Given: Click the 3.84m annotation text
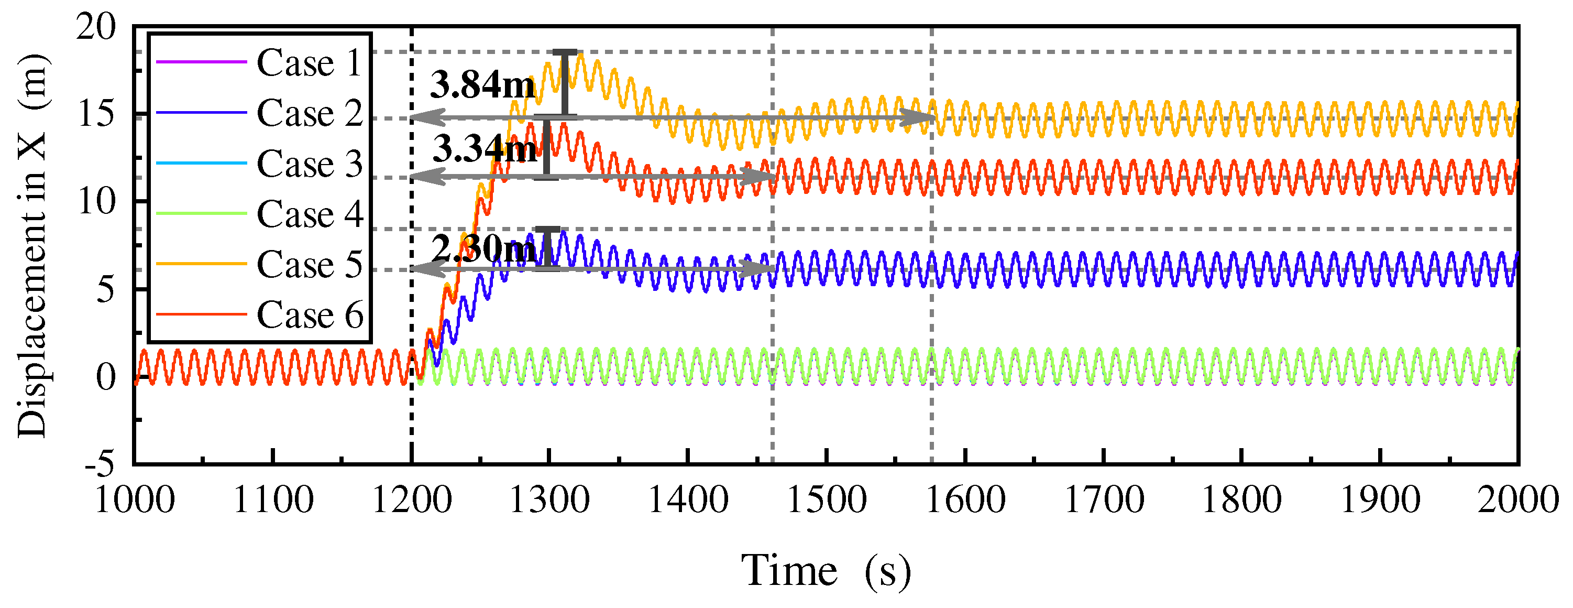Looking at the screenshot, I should [482, 84].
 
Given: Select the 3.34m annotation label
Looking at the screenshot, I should [484, 148].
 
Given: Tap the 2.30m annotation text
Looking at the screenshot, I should [483, 248].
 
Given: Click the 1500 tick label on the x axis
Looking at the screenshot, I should [826, 500].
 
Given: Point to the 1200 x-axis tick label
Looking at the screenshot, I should [412, 500].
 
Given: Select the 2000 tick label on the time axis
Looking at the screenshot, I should [1517, 500].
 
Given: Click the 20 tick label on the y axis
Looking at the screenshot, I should [96, 27].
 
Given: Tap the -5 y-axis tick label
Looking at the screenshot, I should [100, 464].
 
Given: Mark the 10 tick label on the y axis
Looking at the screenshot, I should [96, 202].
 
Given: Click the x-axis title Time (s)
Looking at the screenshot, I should [826, 571].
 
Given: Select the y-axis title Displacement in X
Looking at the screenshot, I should [32, 244].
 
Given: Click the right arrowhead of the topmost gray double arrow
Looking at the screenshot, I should [919, 117].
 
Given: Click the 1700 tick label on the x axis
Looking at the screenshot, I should [1104, 500].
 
